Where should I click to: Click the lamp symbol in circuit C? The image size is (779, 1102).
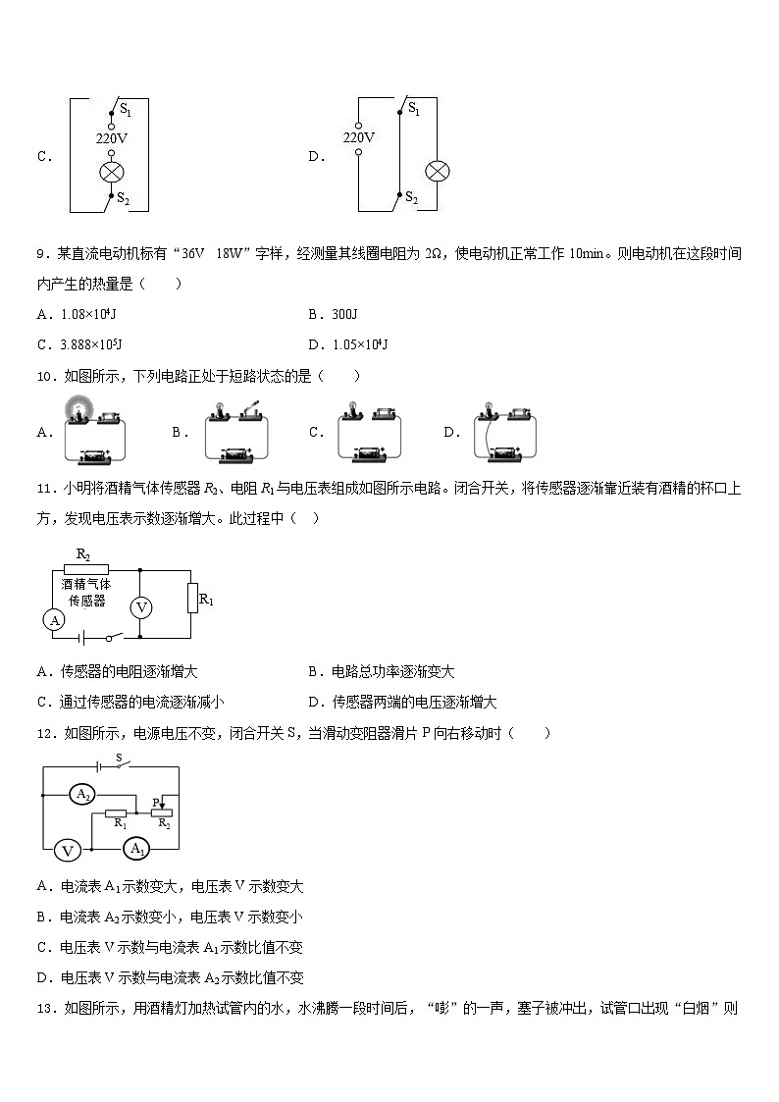click(111, 173)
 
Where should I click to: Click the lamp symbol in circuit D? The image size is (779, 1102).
click(437, 171)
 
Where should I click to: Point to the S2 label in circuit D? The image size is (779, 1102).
click(412, 199)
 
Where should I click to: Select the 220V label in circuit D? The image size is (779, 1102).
click(358, 138)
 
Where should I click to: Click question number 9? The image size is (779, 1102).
click(43, 254)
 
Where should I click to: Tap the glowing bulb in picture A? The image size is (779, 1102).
click(76, 409)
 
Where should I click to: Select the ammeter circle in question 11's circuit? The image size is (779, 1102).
click(55, 620)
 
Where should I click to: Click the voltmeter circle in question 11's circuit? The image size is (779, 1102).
click(141, 607)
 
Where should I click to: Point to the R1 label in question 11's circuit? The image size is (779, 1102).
click(206, 599)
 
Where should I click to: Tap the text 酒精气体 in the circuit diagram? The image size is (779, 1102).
click(86, 583)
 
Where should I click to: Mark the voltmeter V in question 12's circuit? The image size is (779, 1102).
click(67, 850)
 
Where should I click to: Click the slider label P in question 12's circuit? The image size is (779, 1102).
click(155, 801)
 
